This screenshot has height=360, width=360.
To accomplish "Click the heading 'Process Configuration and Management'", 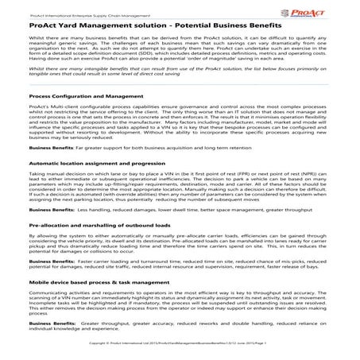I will click(66, 117).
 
